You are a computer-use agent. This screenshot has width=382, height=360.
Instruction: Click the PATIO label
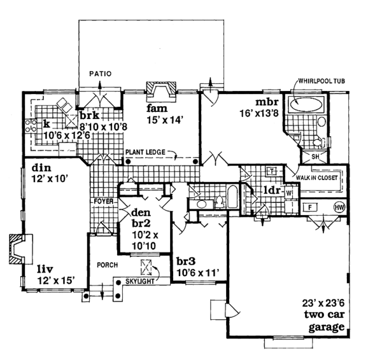click(x=100, y=74)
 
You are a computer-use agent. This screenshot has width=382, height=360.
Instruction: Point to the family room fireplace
click(x=159, y=91)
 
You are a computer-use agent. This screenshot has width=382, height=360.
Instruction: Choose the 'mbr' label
click(x=265, y=102)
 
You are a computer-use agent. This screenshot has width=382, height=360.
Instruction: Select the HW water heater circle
click(x=339, y=207)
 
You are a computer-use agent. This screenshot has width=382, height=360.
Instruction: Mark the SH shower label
click(x=315, y=156)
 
